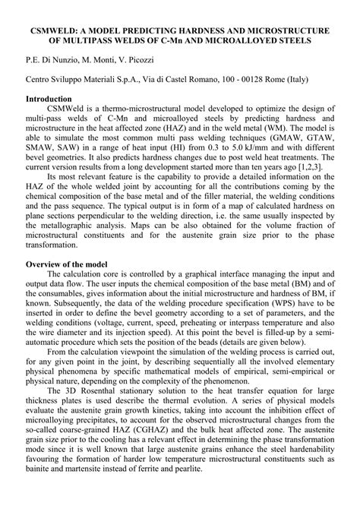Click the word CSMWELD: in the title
point(51,30)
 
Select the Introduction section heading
point(54,100)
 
